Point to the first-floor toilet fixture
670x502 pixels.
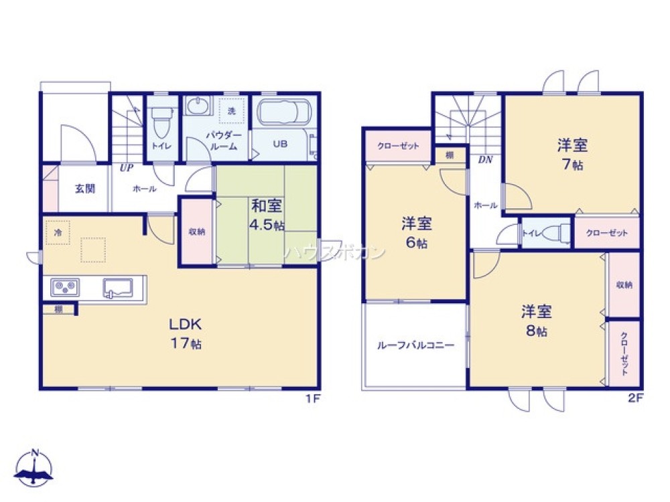pos(161,123)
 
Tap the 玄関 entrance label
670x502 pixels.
pos(84,188)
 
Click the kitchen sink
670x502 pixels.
pos(118,288)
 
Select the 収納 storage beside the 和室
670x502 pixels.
pos(196,232)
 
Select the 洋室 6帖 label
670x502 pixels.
pos(415,232)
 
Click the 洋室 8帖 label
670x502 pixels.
pos(536,321)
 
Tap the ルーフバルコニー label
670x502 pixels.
pos(415,345)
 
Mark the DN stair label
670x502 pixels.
pos(484,160)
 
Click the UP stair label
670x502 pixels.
pos(125,168)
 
